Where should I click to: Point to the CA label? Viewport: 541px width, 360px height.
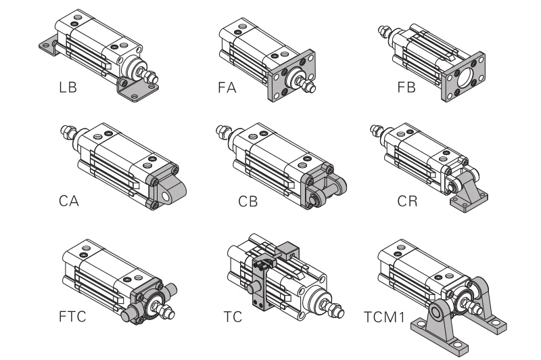(68, 201)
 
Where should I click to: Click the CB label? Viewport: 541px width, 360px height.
(248, 201)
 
